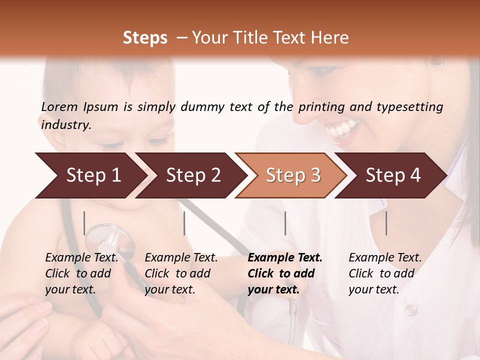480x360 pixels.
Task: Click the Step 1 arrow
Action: pyautogui.click(x=90, y=175)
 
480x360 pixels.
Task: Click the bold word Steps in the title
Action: pyautogui.click(x=145, y=38)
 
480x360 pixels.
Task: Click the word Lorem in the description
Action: pyautogui.click(x=59, y=107)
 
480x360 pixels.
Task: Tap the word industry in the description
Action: pyautogui.click(x=65, y=125)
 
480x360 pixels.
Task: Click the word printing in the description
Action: pyautogui.click(x=320, y=107)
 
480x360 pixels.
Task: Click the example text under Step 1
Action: pyautogui.click(x=81, y=273)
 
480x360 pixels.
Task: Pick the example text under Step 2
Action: pyautogui.click(x=181, y=273)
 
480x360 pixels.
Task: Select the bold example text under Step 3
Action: pyautogui.click(x=285, y=273)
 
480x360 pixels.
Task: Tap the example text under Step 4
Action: pyautogui.click(x=385, y=273)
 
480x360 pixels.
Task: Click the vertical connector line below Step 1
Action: pyautogui.click(x=84, y=223)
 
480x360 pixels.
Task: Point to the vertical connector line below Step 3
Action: pyautogui.click(x=285, y=223)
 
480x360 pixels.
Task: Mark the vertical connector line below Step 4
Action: pyautogui.click(x=386, y=223)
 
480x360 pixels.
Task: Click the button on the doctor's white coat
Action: pyautogui.click(x=410, y=310)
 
